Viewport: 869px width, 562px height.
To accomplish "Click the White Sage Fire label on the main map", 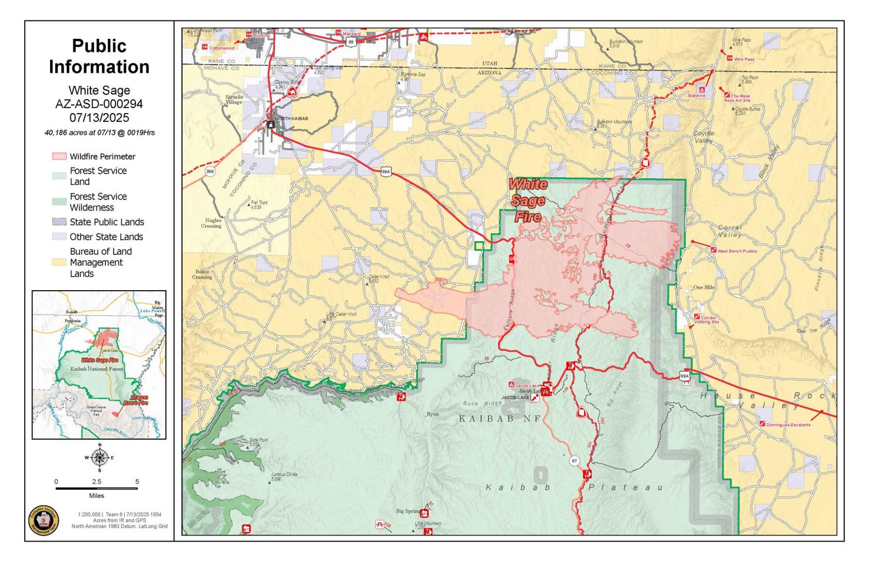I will point(528,200).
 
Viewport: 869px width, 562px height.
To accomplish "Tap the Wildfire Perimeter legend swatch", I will point(58,157).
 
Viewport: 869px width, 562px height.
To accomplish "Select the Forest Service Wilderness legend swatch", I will point(58,201).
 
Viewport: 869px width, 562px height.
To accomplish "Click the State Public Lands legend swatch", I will point(58,222).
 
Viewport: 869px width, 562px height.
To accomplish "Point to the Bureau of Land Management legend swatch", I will point(58,262).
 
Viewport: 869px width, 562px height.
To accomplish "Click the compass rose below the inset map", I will point(99,457).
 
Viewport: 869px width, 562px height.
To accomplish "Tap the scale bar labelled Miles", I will point(97,488).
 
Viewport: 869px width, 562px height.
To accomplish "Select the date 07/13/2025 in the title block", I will point(99,117).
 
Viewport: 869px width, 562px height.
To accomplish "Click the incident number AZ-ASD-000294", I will point(99,104).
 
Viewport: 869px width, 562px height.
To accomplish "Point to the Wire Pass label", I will point(744,59).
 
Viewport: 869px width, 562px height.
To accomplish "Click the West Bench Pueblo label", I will point(737,251).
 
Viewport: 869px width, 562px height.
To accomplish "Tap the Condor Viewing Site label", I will point(706,320).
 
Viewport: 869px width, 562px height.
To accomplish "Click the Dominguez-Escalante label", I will point(788,424).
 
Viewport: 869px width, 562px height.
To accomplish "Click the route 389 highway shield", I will point(210,171).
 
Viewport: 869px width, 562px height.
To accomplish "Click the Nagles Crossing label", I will point(211,223).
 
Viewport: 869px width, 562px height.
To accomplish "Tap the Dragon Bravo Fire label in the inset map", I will point(136,401).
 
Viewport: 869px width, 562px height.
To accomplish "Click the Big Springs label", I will point(408,511).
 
